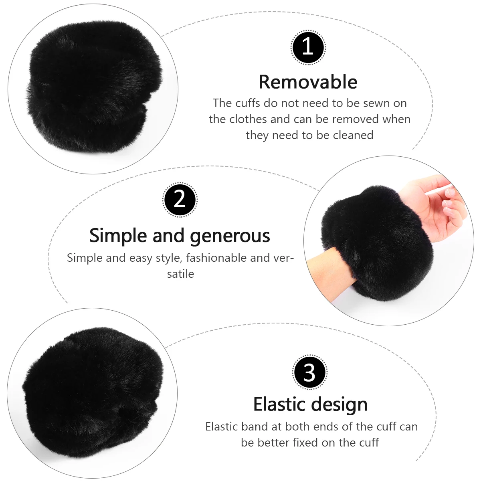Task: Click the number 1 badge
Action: pyautogui.click(x=308, y=47)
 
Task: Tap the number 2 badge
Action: pyautogui.click(x=180, y=200)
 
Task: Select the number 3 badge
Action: pyautogui.click(x=310, y=372)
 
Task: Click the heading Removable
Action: pyautogui.click(x=308, y=82)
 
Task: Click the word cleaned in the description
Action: pyautogui.click(x=353, y=135)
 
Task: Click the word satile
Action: pyautogui.click(x=180, y=274)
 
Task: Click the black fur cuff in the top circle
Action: pyautogui.click(x=94, y=86)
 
